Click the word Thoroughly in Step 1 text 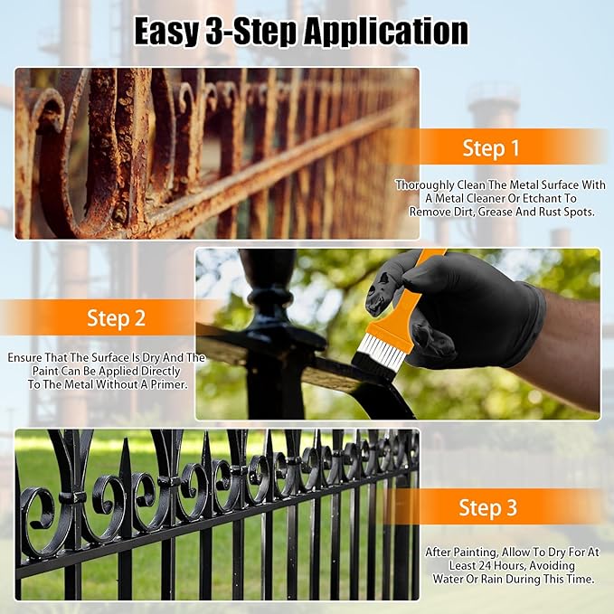coord(428,185)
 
